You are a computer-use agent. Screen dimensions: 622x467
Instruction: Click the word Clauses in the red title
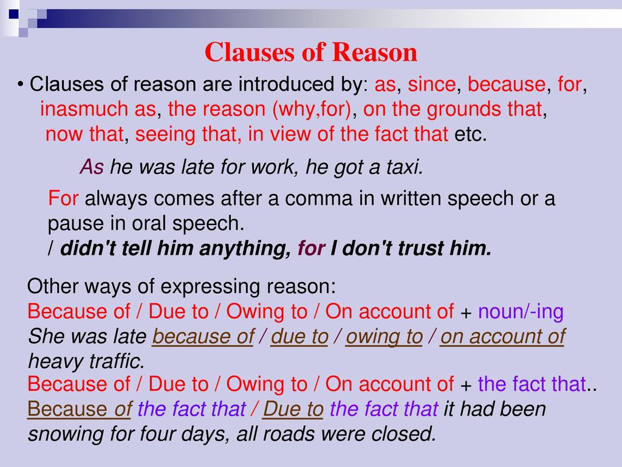coord(250,52)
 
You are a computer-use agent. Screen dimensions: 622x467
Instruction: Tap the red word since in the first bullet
coord(432,84)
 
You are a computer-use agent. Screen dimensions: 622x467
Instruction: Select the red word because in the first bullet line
coord(507,84)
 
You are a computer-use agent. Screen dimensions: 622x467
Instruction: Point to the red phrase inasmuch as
coord(98,109)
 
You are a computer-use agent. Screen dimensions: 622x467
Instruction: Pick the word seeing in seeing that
coord(165,134)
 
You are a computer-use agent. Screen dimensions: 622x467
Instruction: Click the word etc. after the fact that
coord(470,134)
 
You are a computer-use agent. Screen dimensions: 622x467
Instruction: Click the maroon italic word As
coord(92,167)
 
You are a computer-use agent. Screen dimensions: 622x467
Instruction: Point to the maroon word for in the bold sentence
coord(312,248)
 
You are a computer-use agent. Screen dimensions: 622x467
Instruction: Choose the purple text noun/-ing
coord(521,312)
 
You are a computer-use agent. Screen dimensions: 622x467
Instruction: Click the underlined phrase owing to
coord(384,337)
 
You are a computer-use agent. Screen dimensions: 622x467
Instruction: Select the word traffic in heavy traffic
coord(117,361)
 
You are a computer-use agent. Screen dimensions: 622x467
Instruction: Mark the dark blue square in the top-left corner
coord(14,15)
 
